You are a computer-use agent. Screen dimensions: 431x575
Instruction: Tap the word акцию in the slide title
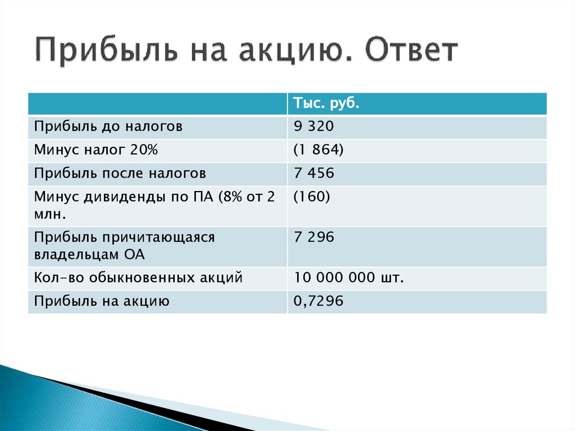(289, 52)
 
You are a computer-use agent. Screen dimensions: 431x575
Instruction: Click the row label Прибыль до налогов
(108, 127)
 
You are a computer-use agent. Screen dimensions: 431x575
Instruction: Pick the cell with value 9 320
(313, 127)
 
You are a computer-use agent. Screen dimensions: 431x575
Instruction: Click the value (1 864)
(318, 150)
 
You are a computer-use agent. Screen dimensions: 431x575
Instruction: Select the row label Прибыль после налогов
(120, 173)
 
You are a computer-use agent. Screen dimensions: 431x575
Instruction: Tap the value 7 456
(313, 173)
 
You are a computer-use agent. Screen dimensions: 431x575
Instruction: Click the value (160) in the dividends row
(312, 197)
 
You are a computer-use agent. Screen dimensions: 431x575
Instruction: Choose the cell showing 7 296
(313, 238)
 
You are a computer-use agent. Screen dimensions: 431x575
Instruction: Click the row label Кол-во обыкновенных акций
(138, 278)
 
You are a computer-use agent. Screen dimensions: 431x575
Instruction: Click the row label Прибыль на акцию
(102, 301)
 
